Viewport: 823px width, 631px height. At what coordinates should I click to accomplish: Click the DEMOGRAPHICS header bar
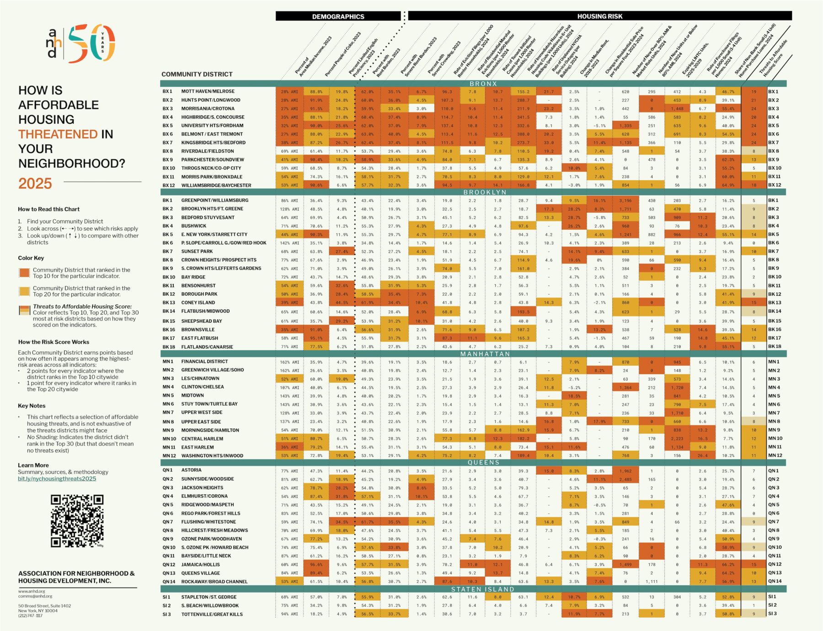[x=338, y=16]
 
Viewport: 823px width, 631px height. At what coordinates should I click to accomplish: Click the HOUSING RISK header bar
[x=599, y=16]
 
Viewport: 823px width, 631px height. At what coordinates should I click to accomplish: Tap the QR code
[x=77, y=520]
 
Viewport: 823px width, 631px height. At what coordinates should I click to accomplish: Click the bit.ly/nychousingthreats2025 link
[x=57, y=479]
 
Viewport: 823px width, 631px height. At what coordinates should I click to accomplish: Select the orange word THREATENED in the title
[x=58, y=134]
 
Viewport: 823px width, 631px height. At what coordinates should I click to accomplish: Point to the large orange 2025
[x=35, y=183]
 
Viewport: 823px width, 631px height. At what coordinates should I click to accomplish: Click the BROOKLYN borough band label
[x=485, y=193]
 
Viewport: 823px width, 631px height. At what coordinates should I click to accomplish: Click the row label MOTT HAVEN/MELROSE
[x=208, y=91]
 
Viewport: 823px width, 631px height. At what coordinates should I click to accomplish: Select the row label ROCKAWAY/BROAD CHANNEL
[x=214, y=582]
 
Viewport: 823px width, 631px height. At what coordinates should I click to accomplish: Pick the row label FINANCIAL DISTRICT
[x=204, y=361]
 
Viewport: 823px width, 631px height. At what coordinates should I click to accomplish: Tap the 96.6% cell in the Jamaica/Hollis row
[x=316, y=565]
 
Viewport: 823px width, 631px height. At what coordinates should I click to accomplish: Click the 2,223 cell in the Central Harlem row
[x=677, y=439]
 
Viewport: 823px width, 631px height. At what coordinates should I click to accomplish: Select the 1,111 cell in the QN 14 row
[x=652, y=582]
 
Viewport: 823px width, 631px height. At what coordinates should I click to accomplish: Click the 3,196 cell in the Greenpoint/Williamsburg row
[x=625, y=201]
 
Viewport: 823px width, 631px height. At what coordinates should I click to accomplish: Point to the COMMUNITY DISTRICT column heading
[x=197, y=74]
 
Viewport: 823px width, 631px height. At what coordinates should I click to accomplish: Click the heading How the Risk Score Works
[x=53, y=342]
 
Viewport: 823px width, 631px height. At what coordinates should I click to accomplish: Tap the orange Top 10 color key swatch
[x=24, y=273]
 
